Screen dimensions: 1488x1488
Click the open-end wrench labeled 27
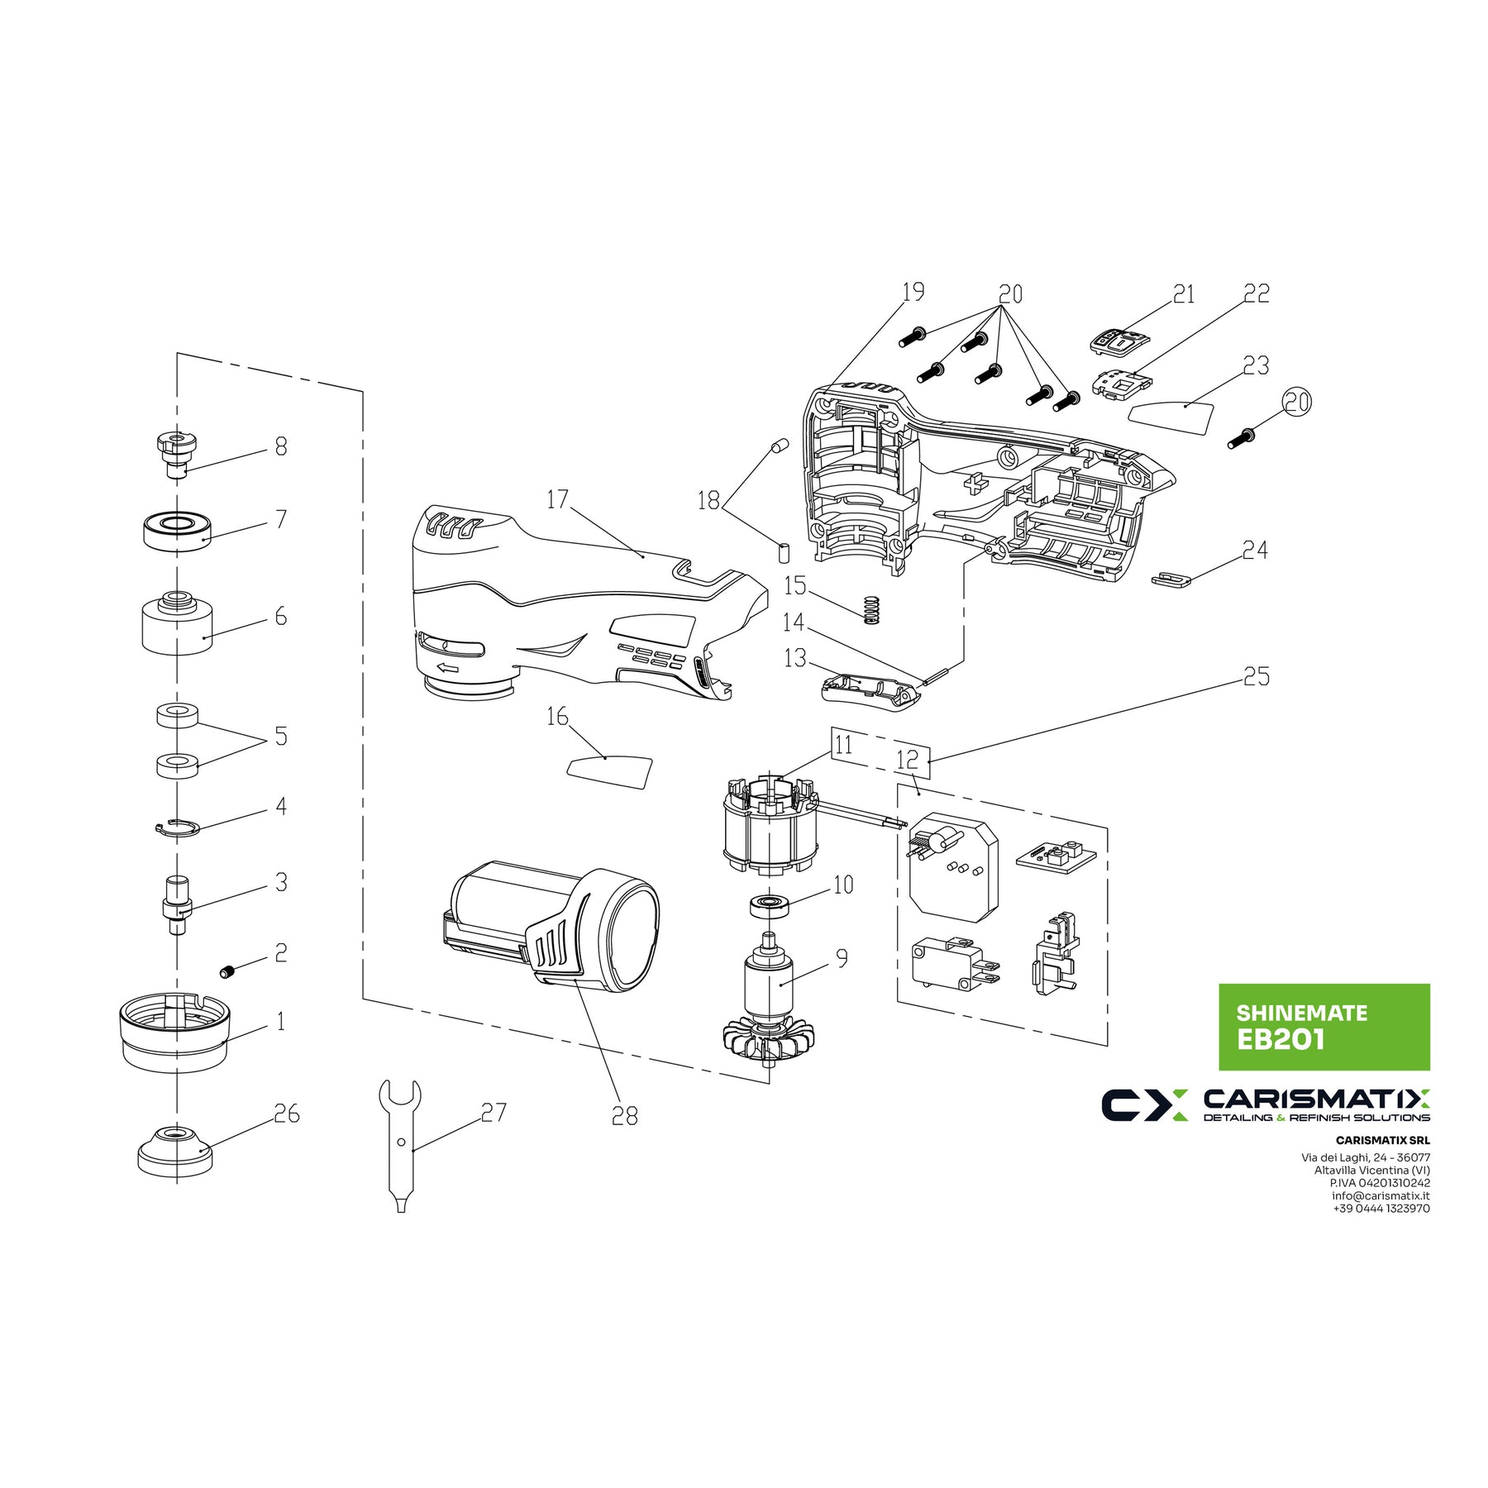pyautogui.click(x=400, y=1145)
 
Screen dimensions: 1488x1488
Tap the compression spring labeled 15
pyautogui.click(x=870, y=610)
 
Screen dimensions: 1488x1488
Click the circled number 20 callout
pyautogui.click(x=1297, y=403)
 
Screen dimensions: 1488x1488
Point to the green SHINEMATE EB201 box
pyautogui.click(x=1324, y=1028)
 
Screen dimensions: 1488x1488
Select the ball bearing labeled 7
pyautogui.click(x=177, y=531)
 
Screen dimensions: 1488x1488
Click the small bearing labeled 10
pyautogui.click(x=770, y=905)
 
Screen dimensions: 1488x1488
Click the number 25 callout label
pyautogui.click(x=1257, y=677)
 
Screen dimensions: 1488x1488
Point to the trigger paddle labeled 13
pyautogui.click(x=871, y=688)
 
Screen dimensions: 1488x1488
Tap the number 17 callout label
pyautogui.click(x=558, y=499)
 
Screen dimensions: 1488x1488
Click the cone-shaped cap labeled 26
pyautogui.click(x=175, y=1151)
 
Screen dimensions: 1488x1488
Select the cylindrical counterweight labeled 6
pyautogui.click(x=177, y=622)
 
